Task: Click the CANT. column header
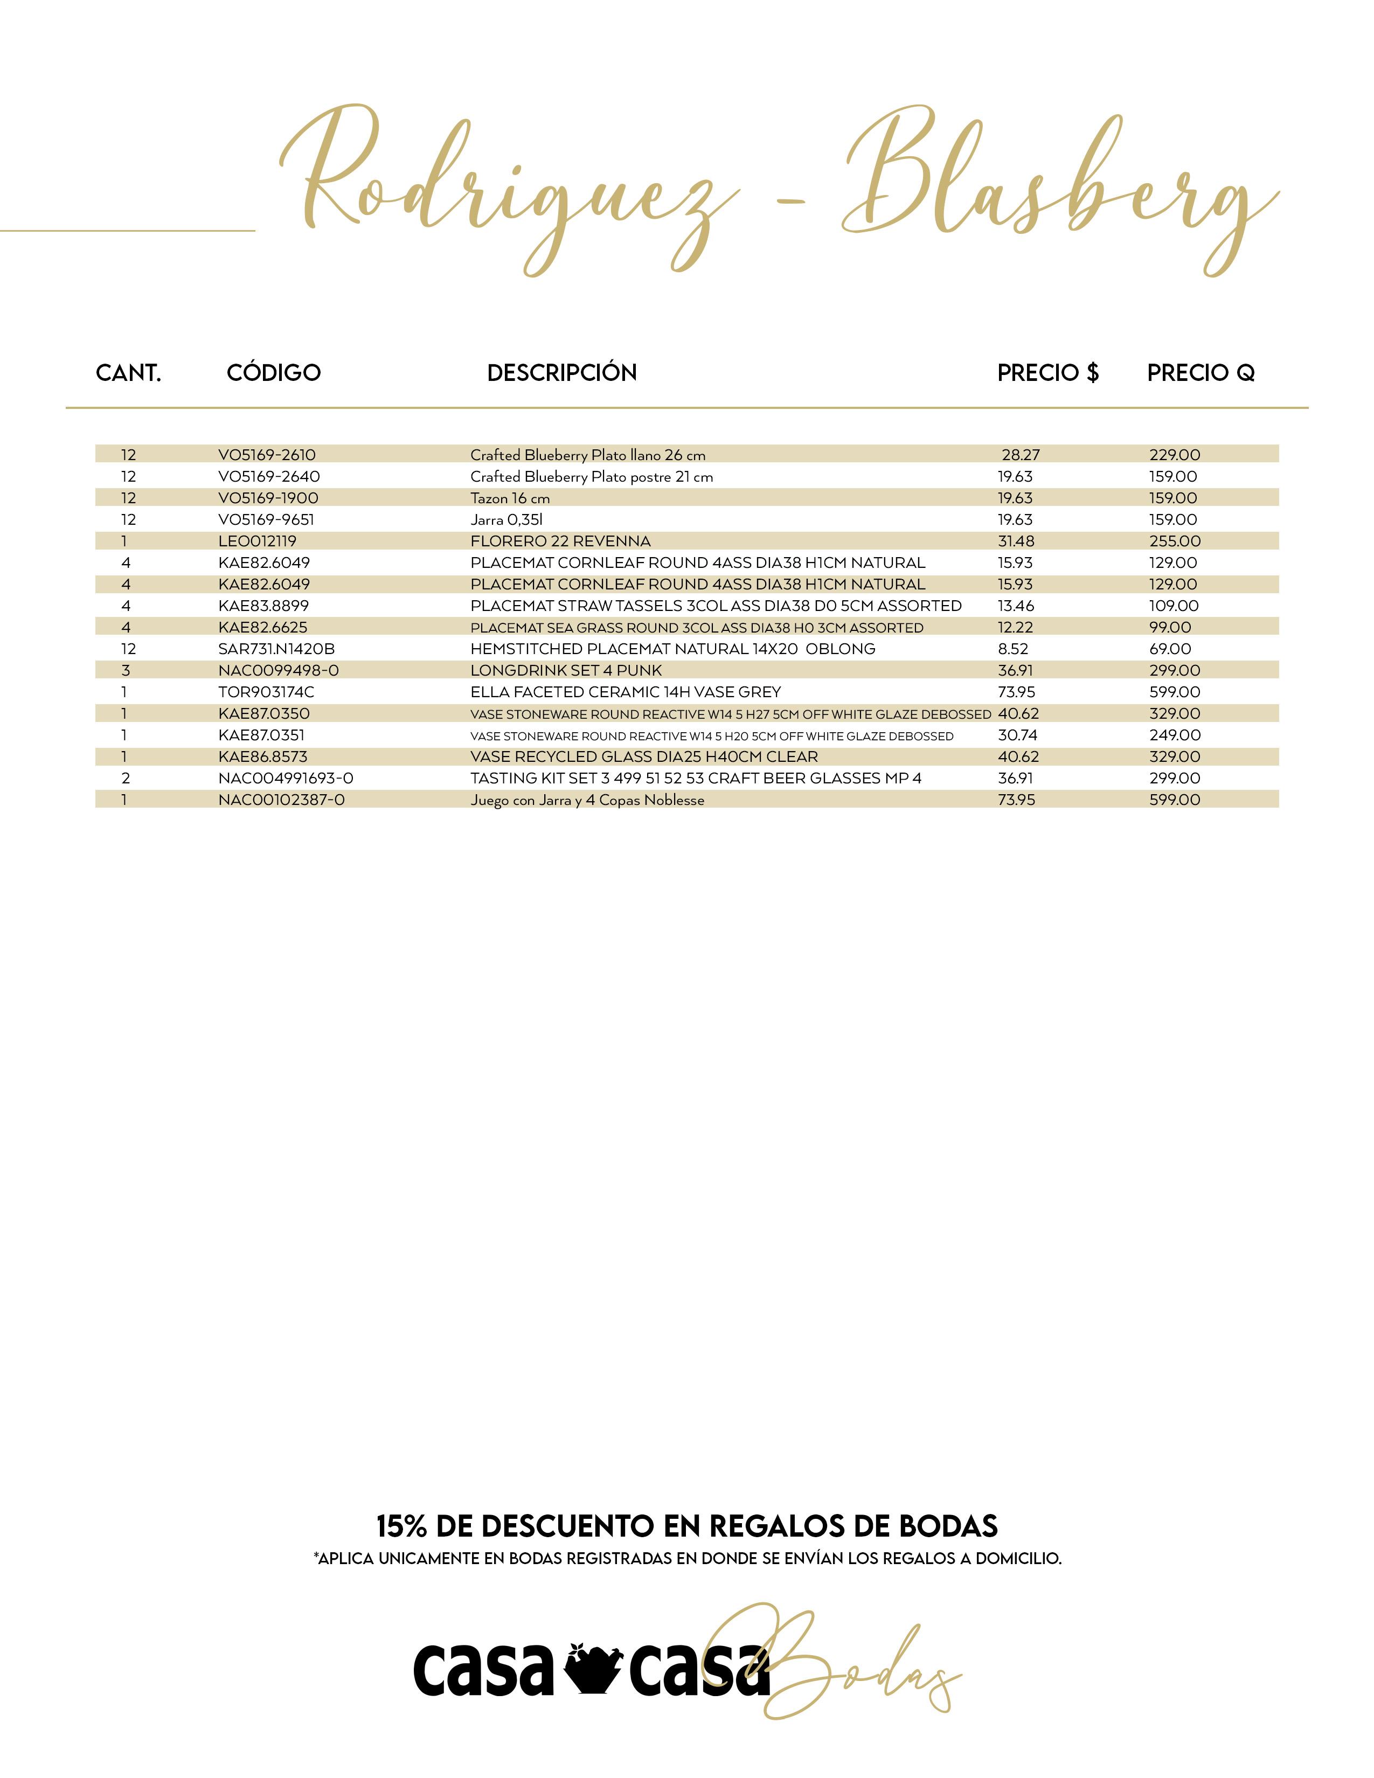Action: pos(129,373)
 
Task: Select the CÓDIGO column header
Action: pos(274,373)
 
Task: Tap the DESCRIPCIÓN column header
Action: pos(561,373)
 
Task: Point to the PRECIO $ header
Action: pos(1047,373)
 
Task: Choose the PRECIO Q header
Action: pos(1200,373)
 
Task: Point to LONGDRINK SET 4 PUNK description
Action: pos(566,671)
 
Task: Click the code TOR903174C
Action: pos(266,692)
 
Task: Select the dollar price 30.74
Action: pos(1017,735)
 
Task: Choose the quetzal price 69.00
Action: pos(1170,649)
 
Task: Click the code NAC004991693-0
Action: pos(286,779)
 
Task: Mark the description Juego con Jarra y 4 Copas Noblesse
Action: pos(587,800)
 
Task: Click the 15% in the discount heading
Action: pos(401,1526)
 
